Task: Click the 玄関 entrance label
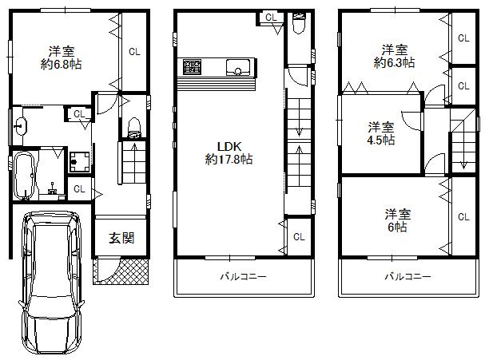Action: [x=121, y=237]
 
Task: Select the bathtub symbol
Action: [x=25, y=176]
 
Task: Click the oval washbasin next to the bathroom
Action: [x=22, y=125]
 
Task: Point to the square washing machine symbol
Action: [x=78, y=161]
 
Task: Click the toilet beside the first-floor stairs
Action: [x=134, y=126]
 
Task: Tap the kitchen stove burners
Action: [x=193, y=66]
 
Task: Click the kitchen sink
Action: [x=239, y=67]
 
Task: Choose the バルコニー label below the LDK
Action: [x=243, y=277]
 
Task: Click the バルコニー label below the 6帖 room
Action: [x=407, y=277]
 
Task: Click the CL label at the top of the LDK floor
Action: [x=270, y=18]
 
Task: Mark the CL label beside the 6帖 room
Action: [x=463, y=216]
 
